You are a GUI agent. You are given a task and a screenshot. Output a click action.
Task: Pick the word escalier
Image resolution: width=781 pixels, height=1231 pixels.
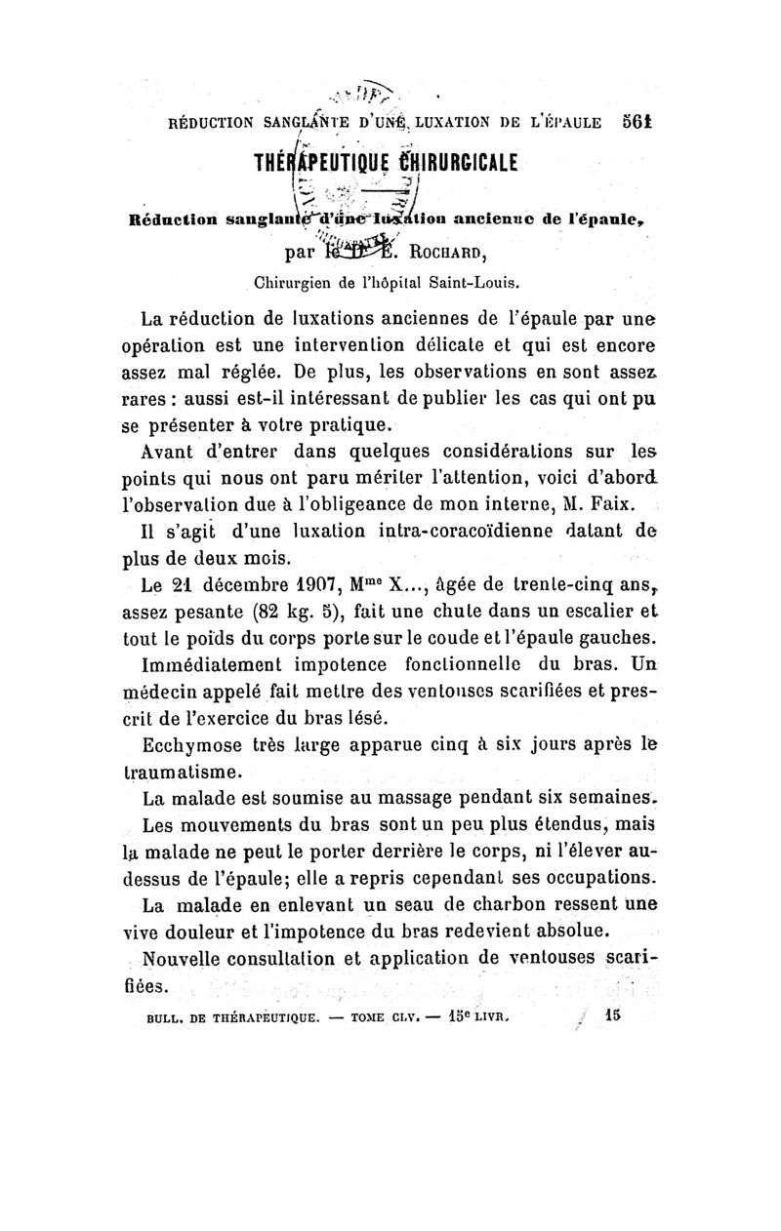tap(571, 613)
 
